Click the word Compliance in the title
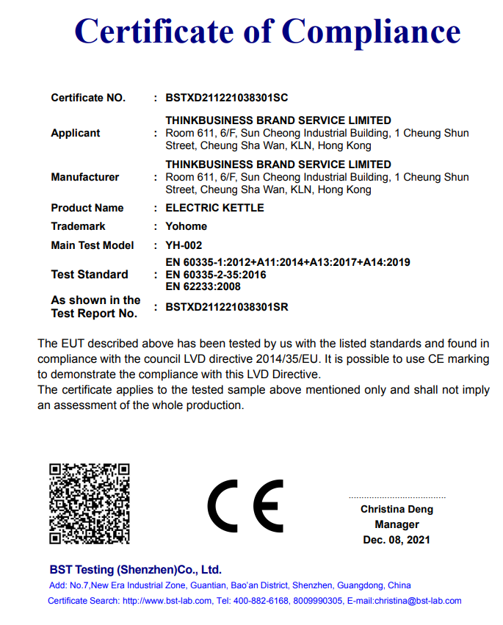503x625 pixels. tap(371, 32)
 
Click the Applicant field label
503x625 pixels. tap(76, 133)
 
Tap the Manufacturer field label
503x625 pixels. tap(84, 177)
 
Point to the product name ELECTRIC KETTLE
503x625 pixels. tap(214, 208)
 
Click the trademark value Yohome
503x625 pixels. tap(187, 226)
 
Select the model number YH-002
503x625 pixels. tap(184, 245)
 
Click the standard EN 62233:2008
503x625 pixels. tap(203, 286)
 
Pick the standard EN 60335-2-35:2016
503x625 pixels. tap(216, 275)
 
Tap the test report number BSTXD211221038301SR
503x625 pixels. tap(227, 307)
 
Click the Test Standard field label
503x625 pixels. tap(89, 275)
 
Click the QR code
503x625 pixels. tap(90, 503)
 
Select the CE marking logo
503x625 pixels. tap(245, 505)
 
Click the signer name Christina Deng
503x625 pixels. tap(397, 509)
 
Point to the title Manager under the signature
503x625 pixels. tap(397, 524)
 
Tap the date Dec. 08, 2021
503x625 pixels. tap(397, 540)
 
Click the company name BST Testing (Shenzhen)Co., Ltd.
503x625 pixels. tap(135, 569)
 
